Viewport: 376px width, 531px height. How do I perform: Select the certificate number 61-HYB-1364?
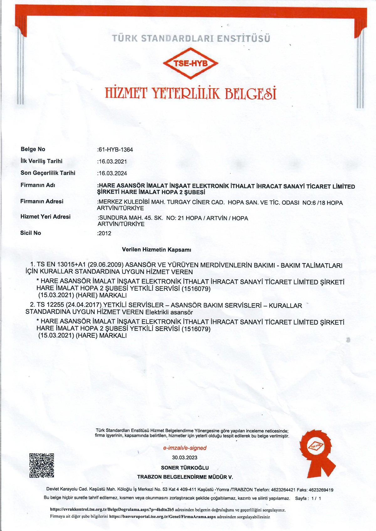tap(116, 150)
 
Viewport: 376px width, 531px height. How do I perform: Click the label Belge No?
tap(33, 149)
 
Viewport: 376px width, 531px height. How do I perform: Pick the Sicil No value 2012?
tap(105, 233)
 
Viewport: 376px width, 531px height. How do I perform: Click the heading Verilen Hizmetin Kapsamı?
tap(156, 250)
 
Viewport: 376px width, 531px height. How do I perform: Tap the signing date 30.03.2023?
tap(185, 457)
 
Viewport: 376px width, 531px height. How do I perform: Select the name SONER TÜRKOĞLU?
tap(185, 468)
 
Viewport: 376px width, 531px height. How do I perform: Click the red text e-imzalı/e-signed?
tap(185, 448)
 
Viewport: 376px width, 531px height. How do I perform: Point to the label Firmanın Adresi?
tap(42, 201)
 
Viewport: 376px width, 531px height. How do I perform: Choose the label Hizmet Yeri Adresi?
tap(45, 217)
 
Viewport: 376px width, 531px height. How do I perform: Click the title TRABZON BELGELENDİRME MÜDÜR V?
tap(185, 477)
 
